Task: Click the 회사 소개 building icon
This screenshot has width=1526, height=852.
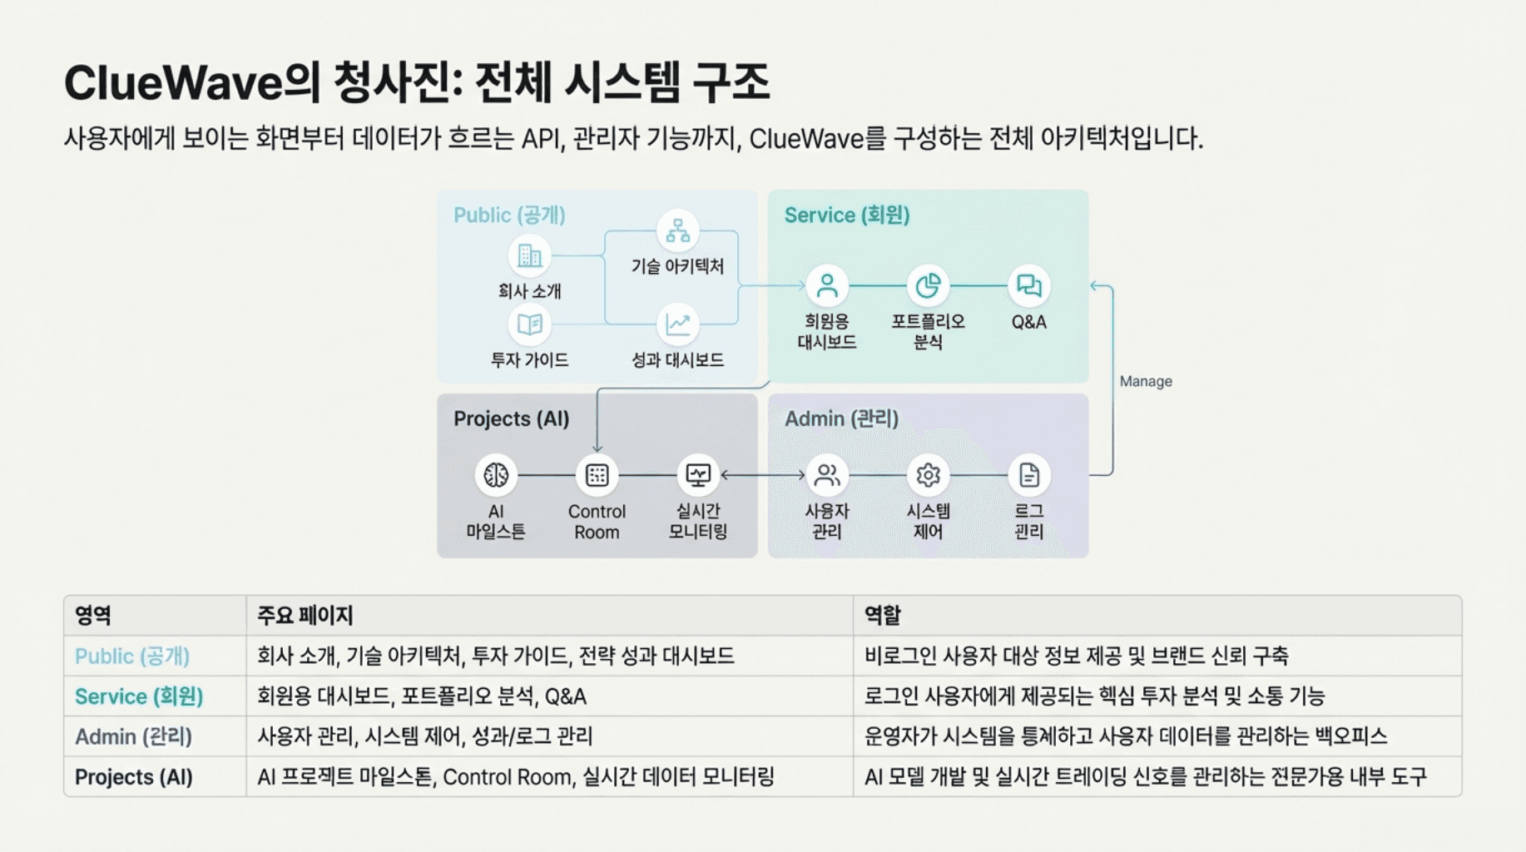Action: (x=529, y=255)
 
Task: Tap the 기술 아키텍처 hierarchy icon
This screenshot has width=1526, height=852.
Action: (x=678, y=230)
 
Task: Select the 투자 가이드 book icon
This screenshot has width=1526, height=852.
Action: (x=529, y=324)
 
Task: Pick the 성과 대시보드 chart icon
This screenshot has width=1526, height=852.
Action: (x=678, y=324)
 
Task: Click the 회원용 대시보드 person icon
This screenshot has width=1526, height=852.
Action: (x=827, y=286)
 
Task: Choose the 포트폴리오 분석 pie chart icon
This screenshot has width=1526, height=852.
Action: (x=928, y=286)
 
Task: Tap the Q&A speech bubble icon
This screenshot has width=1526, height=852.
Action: (x=1029, y=286)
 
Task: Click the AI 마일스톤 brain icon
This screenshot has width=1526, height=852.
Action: (x=496, y=475)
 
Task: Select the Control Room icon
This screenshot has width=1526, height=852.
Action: (x=597, y=475)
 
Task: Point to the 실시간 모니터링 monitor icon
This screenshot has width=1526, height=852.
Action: (x=698, y=475)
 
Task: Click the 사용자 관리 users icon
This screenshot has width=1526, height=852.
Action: (x=827, y=475)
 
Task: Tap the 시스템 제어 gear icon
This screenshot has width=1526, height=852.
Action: (x=928, y=475)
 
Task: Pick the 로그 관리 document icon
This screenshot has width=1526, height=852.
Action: (x=1029, y=475)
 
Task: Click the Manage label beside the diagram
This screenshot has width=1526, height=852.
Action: (x=1146, y=381)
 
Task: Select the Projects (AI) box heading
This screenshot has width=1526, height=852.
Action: (x=511, y=419)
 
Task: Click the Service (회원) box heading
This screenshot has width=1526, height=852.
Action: (x=847, y=215)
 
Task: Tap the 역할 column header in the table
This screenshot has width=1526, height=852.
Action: (x=882, y=616)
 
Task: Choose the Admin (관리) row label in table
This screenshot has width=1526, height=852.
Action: (x=133, y=736)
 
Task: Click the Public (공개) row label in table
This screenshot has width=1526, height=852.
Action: (x=132, y=656)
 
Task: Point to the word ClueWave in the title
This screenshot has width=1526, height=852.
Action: (x=173, y=83)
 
